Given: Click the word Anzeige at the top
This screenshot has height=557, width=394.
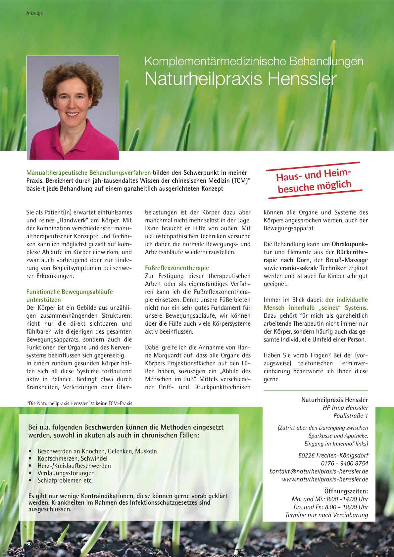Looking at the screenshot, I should click(34, 13).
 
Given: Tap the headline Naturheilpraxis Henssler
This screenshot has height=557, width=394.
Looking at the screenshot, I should click(240, 79).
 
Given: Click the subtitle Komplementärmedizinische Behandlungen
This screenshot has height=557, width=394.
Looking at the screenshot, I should click(254, 61).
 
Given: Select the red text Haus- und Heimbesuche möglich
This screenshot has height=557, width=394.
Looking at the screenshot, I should click(314, 181).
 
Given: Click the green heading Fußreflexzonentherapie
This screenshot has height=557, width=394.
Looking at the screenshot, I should click(177, 268).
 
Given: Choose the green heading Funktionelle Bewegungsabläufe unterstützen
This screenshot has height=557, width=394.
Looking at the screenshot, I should click(69, 296).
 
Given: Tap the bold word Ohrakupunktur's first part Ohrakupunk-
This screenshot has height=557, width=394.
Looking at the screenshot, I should click(350, 244).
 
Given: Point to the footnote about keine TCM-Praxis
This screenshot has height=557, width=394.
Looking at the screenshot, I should click(79, 403).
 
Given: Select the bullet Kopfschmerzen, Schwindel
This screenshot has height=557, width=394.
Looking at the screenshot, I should click(72, 458).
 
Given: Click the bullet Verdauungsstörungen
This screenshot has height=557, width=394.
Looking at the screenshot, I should click(66, 473).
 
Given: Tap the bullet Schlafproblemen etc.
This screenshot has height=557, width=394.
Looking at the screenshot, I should click(65, 480).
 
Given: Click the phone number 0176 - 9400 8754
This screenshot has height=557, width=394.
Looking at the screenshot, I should click(344, 463).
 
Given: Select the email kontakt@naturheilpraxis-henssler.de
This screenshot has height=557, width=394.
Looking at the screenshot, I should click(319, 471).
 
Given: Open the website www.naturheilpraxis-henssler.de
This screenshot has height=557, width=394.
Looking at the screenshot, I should click(325, 479).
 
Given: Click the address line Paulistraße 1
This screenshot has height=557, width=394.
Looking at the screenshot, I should click(350, 416).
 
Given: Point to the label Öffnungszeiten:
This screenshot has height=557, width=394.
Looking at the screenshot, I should click(346, 491).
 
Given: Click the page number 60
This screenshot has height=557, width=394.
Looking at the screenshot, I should click(29, 544).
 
